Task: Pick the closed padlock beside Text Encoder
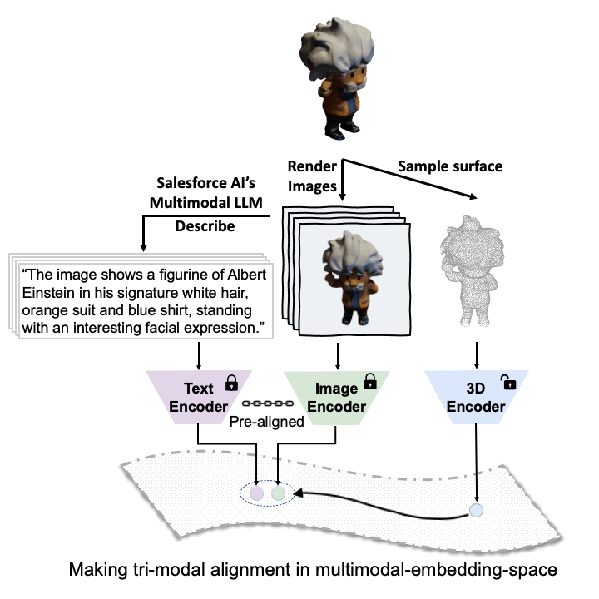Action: [232, 384]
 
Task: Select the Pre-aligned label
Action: [267, 422]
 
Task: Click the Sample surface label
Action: [449, 166]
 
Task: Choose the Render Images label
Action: [311, 176]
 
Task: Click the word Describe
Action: [205, 226]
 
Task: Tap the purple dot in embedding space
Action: [258, 493]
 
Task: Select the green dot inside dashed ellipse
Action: [279, 493]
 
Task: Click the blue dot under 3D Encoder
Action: [476, 511]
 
